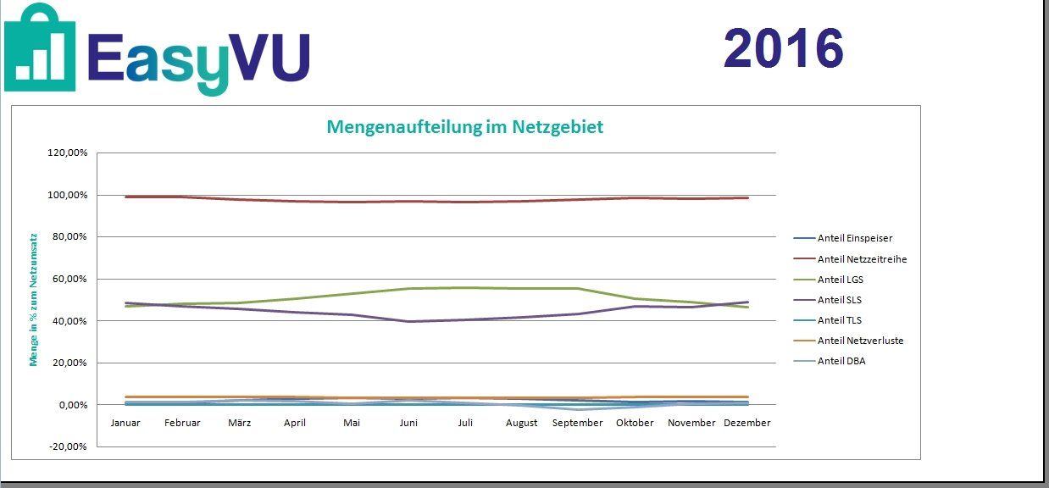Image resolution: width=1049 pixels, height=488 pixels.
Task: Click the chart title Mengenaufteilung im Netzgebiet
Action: (465, 127)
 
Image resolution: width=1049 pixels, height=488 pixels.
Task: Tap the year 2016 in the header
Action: (784, 48)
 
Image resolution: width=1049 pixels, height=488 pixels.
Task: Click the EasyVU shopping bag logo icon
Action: (40, 47)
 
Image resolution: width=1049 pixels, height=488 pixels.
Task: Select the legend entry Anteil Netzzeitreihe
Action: (862, 259)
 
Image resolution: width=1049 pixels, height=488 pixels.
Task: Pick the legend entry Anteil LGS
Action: (840, 280)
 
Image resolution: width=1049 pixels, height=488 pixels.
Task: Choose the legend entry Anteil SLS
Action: (839, 300)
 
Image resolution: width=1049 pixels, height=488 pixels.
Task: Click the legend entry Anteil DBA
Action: (841, 361)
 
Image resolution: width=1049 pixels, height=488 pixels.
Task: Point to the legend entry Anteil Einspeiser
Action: (854, 239)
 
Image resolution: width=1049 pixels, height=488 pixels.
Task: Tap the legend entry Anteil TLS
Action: (839, 320)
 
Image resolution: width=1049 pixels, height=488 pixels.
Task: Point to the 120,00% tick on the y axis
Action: (69, 153)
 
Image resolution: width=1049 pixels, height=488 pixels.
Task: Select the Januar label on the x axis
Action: (125, 423)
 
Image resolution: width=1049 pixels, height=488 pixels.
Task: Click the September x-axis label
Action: (578, 423)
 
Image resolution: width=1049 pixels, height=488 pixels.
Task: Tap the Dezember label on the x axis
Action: (747, 423)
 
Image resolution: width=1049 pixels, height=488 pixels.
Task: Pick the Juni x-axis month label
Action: (408, 423)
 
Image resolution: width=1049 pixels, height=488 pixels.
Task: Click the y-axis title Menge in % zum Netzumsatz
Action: (34, 300)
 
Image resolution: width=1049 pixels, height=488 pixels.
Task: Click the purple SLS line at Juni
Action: (408, 321)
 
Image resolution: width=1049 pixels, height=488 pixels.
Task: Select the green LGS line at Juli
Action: (465, 287)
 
